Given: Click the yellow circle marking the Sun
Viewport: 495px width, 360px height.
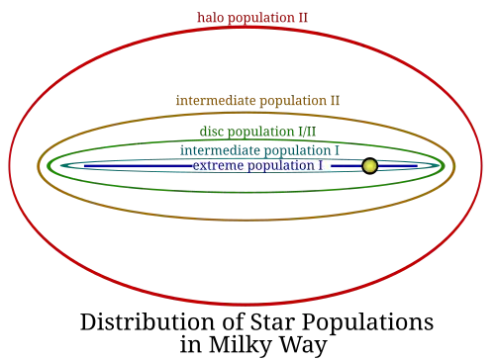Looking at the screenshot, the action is [x=369, y=166].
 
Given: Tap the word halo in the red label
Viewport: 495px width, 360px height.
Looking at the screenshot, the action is [x=211, y=17].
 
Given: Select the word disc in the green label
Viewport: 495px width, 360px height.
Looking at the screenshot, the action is [x=212, y=132].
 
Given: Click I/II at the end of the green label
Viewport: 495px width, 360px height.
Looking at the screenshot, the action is [x=307, y=132].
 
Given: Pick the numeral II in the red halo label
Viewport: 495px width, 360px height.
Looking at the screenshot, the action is [x=303, y=17].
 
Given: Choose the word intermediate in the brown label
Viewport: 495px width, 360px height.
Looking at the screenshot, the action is [x=216, y=100].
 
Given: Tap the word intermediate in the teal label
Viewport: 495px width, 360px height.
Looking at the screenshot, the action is [x=220, y=150].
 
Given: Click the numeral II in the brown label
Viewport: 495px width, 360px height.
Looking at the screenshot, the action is [x=335, y=100].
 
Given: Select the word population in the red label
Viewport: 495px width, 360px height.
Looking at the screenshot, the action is [x=261, y=18].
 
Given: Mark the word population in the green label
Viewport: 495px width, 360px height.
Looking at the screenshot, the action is [x=261, y=133].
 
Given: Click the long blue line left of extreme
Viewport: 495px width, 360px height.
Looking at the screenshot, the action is [x=138, y=166].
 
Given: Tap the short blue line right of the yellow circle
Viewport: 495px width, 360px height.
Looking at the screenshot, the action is [x=398, y=166].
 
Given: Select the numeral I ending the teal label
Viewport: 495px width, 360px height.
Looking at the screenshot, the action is [x=337, y=150].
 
